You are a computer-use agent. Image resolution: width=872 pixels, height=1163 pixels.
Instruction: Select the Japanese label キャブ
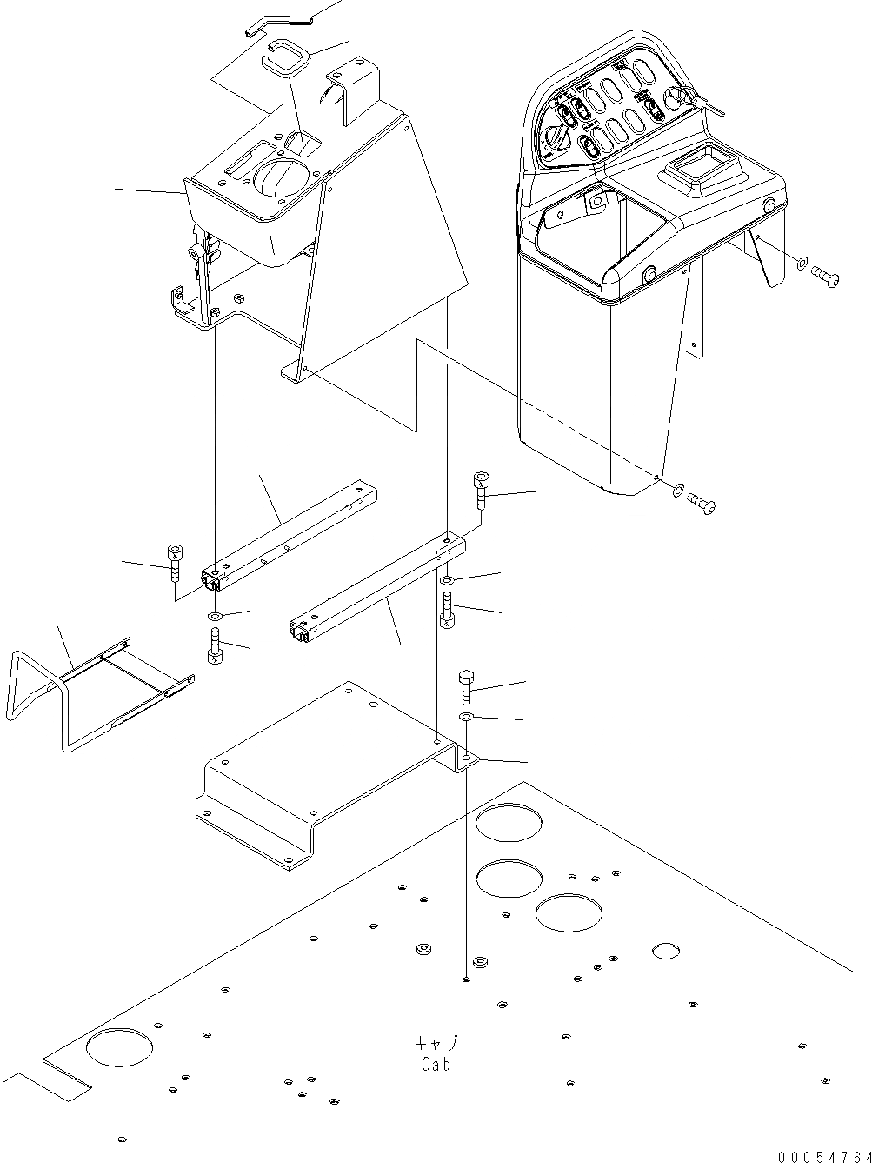pyautogui.click(x=436, y=1043)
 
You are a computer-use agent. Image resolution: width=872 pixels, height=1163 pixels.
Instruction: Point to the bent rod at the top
pyautogui.click(x=277, y=21)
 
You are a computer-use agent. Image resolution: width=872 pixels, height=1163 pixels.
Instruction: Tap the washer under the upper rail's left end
pyautogui.click(x=215, y=617)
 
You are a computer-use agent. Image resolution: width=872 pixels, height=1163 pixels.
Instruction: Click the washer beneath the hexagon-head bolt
pyautogui.click(x=466, y=716)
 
